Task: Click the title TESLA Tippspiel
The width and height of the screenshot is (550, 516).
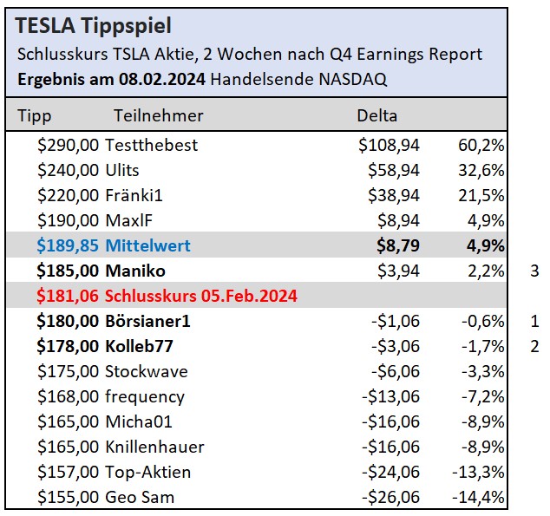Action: (x=94, y=26)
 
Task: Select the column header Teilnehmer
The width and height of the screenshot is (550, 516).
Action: (x=158, y=115)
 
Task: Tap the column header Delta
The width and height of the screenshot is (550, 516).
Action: (x=377, y=115)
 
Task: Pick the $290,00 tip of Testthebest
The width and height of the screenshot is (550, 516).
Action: (x=69, y=145)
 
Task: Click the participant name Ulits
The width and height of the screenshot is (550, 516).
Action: (x=122, y=170)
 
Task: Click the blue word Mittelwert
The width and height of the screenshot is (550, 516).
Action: (x=147, y=246)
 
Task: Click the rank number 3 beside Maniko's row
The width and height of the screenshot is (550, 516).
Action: (x=534, y=271)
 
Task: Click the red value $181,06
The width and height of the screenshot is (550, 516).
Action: (x=69, y=297)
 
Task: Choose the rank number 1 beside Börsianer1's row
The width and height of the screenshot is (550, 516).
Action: (x=534, y=322)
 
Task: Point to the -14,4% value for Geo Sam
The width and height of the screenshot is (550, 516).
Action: (x=480, y=498)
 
